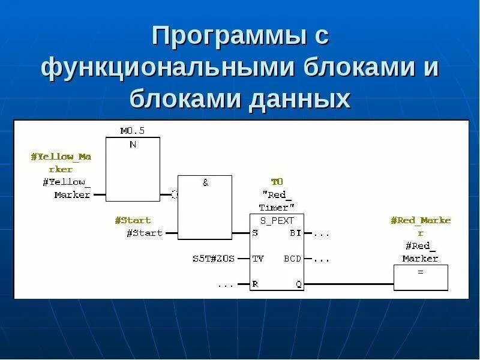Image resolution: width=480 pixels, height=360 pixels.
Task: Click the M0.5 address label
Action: click(133, 130)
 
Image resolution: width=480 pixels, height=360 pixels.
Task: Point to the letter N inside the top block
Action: click(133, 145)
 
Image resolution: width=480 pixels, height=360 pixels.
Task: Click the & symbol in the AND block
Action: click(205, 182)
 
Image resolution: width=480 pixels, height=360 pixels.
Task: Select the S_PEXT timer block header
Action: click(277, 220)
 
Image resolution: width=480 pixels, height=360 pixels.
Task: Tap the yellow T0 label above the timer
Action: click(277, 181)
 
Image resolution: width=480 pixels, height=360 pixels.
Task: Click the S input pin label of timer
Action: click(256, 233)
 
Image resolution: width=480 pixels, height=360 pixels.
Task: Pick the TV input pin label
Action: click(258, 259)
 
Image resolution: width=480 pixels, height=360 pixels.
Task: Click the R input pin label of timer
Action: click(256, 284)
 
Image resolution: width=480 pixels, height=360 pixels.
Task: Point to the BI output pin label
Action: click(295, 233)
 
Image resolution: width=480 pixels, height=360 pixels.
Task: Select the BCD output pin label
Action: click(293, 259)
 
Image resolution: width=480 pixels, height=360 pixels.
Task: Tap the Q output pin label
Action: click(298, 284)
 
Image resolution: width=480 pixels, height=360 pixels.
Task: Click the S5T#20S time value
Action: click(213, 259)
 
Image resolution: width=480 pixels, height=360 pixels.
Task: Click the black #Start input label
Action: click(145, 233)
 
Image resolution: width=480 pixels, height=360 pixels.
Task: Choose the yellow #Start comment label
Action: click(133, 220)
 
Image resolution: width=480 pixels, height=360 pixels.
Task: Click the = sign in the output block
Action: click(421, 272)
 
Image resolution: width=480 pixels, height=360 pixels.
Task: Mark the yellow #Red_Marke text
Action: click(420, 220)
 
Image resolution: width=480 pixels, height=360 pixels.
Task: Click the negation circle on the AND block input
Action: click(175, 194)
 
